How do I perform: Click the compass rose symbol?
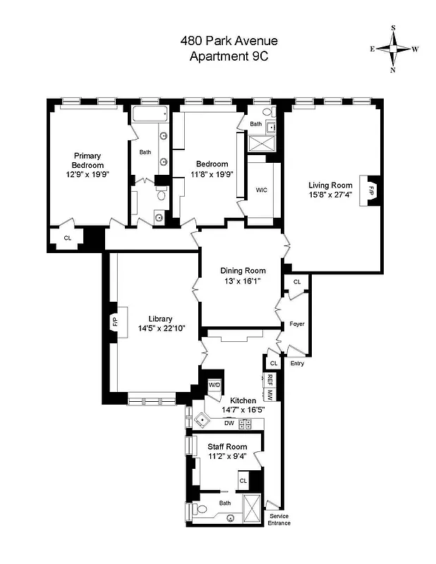[x=393, y=49]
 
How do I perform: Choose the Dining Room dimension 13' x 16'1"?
[x=243, y=281]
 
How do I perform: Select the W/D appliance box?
[x=214, y=386]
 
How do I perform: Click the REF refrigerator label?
[x=270, y=378]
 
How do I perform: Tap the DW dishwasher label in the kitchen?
[x=229, y=423]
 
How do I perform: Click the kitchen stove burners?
[x=246, y=424]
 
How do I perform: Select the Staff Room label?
[x=226, y=446]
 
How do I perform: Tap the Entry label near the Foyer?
[x=297, y=363]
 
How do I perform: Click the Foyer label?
[x=297, y=324]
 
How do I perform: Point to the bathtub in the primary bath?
[x=150, y=114]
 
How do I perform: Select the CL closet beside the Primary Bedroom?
[x=68, y=238]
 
